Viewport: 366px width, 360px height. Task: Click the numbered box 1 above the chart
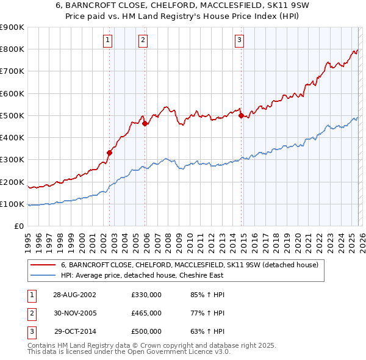pyautogui.click(x=107, y=41)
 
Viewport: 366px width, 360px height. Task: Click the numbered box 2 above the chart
pyautogui.click(x=143, y=41)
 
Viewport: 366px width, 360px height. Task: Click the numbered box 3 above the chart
pyautogui.click(x=239, y=41)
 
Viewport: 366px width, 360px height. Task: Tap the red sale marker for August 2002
pyautogui.click(x=110, y=153)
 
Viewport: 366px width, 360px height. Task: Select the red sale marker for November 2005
pyautogui.click(x=145, y=123)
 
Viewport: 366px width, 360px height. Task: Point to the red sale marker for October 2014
pyautogui.click(x=242, y=115)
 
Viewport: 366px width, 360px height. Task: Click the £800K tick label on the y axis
pyautogui.click(x=12, y=49)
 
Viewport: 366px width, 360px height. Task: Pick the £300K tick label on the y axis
pyautogui.click(x=12, y=160)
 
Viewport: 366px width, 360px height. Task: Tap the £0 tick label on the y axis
pyautogui.click(x=18, y=226)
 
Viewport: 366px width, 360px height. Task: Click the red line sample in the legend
pyautogui.click(x=43, y=265)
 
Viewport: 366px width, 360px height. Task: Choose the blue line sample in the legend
pyautogui.click(x=43, y=276)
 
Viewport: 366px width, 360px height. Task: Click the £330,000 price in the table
pyautogui.click(x=146, y=295)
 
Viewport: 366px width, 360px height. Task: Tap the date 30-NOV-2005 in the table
pyautogui.click(x=74, y=313)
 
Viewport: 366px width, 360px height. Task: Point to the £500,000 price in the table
pyautogui.click(x=146, y=331)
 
